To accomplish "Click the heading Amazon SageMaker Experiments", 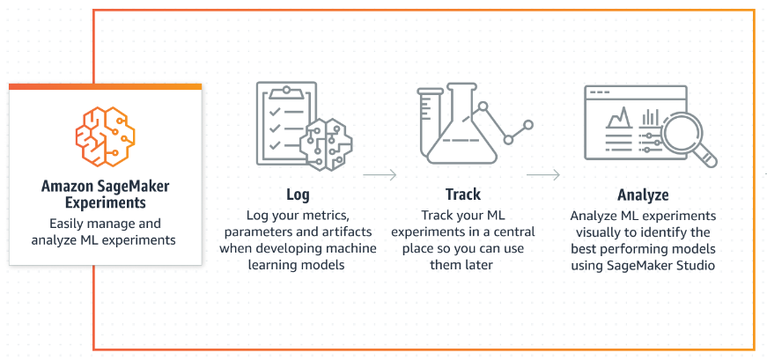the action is tap(105, 195).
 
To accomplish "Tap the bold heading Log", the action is tap(298, 195).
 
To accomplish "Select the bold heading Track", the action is tap(462, 195).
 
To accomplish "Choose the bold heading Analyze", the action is tap(643, 195).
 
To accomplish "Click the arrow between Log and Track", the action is tap(380, 174).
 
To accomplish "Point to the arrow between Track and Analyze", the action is tap(543, 174).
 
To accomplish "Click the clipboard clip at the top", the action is tap(286, 91).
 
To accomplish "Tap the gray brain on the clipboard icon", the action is tap(325, 144).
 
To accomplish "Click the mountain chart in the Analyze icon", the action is tap(618, 117).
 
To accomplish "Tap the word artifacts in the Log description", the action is tap(351, 231).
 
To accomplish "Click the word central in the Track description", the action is tap(517, 231).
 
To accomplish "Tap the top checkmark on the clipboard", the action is tap(275, 112).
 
